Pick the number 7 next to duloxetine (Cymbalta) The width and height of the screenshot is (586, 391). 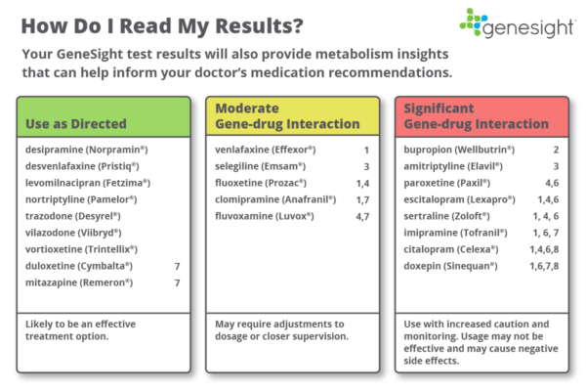click(x=177, y=265)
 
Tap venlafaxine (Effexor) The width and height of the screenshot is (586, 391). click(x=260, y=150)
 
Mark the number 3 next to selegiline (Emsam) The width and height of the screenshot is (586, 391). click(x=365, y=166)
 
